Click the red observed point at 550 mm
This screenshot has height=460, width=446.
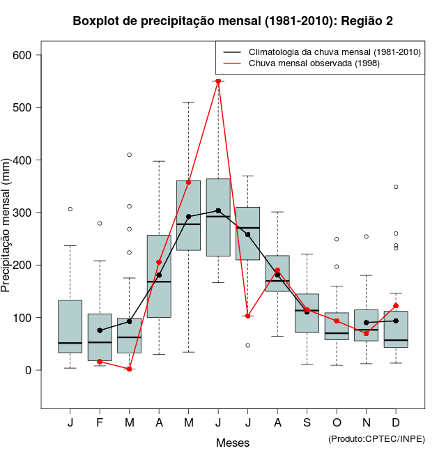[x=218, y=81]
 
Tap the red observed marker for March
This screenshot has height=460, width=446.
[x=130, y=369]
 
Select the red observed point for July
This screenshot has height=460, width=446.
[x=247, y=316]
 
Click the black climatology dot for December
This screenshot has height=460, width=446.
[x=396, y=321]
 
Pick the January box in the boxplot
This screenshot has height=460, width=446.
[x=70, y=326]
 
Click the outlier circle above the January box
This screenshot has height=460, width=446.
[x=70, y=209]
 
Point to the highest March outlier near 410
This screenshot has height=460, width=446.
[x=130, y=155]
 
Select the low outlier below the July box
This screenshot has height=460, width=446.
[x=247, y=345]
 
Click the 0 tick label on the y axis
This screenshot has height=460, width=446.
[x=28, y=370]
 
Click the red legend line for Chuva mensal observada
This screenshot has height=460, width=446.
[x=232, y=63]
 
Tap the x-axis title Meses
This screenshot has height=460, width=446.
[x=233, y=443]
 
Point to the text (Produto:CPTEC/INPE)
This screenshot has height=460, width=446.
[x=376, y=438]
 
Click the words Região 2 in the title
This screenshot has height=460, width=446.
[x=367, y=21]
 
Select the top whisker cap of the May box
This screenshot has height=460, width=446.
[x=189, y=102]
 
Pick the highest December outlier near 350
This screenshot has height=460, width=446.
[x=396, y=187]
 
